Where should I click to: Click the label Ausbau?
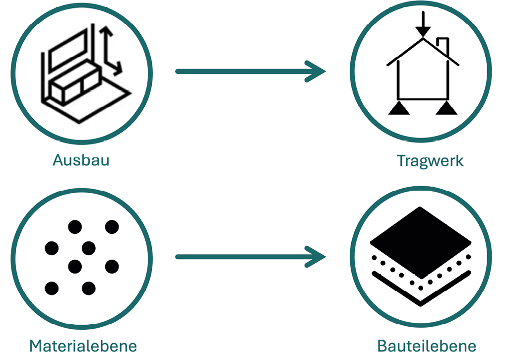[81, 160]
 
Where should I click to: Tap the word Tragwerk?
[431, 161]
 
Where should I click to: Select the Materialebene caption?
[83, 346]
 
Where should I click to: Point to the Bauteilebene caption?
[427, 346]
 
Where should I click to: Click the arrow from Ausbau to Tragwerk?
[251, 72]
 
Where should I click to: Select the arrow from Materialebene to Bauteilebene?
[251, 257]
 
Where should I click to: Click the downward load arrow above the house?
[423, 24]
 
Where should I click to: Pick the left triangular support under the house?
[399, 108]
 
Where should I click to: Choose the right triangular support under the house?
[446, 108]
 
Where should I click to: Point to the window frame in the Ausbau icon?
[68, 49]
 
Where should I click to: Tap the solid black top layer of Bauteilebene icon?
[420, 242]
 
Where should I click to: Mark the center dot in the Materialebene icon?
[89, 248]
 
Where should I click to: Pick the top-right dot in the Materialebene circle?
[112, 226]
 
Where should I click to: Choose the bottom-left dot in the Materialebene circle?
[52, 288]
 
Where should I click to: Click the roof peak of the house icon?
[423, 39]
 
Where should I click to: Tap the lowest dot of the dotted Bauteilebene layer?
[421, 288]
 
